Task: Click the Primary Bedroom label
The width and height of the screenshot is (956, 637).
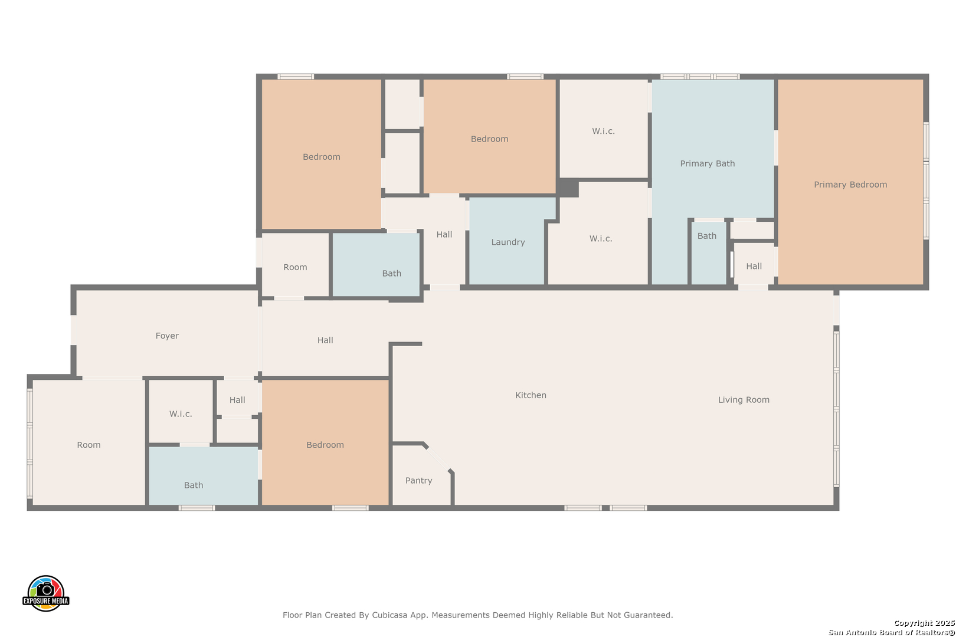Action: (x=850, y=185)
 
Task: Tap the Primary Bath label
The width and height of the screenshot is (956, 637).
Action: (x=707, y=163)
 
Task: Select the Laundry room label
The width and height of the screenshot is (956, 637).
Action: (x=508, y=242)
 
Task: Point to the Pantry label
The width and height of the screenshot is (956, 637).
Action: (x=418, y=481)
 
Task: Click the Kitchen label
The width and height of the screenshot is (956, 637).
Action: (x=531, y=395)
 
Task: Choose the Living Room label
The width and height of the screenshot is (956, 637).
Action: (x=744, y=400)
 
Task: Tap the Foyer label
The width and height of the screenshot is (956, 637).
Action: (x=167, y=336)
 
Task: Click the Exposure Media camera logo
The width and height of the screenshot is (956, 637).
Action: (x=45, y=593)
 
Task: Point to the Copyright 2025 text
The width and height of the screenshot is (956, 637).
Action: (x=924, y=623)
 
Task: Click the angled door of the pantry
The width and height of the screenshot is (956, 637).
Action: (x=438, y=457)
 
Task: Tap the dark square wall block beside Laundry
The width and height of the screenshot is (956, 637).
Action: (x=568, y=188)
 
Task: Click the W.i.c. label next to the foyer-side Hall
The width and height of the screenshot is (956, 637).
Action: (x=181, y=414)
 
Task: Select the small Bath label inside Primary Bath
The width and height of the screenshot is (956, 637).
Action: (x=707, y=236)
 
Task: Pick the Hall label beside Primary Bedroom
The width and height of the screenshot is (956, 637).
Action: (x=754, y=266)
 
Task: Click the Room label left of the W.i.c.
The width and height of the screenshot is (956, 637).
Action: (x=89, y=445)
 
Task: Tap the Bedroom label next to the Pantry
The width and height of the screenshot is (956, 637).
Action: (x=325, y=445)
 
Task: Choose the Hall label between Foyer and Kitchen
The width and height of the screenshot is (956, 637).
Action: (x=325, y=340)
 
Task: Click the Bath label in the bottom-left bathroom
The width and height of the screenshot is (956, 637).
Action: (x=194, y=485)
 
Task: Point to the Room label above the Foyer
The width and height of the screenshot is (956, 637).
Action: (x=295, y=267)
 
